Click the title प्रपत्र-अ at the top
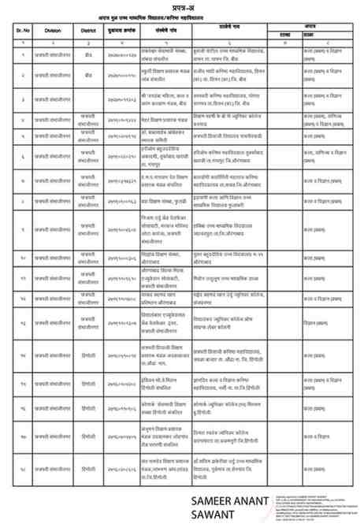(x=182, y=9)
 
